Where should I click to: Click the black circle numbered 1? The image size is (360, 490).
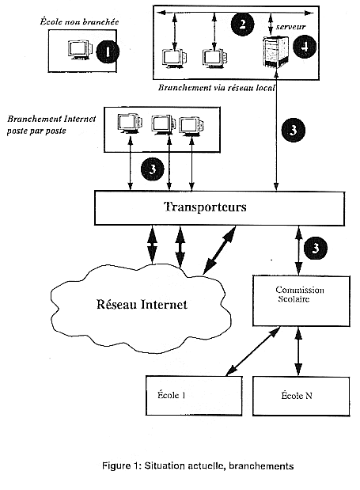108,51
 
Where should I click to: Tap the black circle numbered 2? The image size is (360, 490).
242,24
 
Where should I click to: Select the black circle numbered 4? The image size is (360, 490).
305,47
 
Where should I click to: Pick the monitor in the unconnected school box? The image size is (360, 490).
80,50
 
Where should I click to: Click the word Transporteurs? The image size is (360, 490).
205,207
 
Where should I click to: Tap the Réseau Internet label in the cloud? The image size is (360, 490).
142,304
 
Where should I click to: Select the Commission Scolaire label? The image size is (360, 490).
300,294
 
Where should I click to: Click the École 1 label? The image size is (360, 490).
172,395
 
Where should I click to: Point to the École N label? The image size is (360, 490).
297,395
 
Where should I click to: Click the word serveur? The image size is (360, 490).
290,27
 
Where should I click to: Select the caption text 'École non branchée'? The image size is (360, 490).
79,21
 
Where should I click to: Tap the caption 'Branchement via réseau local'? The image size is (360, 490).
216,88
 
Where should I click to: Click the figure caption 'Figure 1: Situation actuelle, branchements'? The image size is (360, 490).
198,466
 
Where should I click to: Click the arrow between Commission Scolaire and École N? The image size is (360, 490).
299,351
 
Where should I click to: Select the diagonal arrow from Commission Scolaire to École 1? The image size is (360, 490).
253,351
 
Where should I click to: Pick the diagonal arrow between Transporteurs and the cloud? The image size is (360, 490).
219,250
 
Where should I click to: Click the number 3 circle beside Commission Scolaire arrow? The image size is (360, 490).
316,248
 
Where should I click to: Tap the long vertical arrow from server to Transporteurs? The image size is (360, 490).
276,130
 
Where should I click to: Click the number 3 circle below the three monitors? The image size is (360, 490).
153,169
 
